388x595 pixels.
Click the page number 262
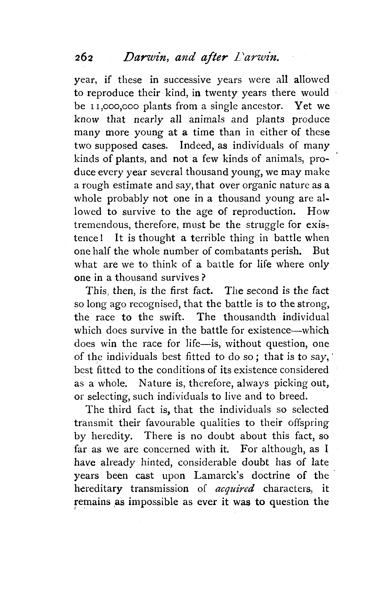pos(83,62)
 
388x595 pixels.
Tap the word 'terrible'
pos(208,238)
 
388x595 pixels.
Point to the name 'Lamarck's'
pos(219,476)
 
